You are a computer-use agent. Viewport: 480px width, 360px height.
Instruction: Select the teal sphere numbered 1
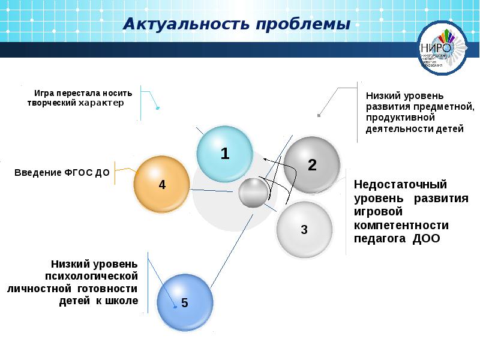(x=225, y=154)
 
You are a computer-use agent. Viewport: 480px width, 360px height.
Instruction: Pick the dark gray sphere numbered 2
(x=311, y=164)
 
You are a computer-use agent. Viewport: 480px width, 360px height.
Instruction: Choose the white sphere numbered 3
(x=304, y=229)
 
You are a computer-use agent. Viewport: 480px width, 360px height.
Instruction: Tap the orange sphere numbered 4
(x=161, y=184)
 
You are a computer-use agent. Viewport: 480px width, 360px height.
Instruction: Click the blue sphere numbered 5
(x=184, y=302)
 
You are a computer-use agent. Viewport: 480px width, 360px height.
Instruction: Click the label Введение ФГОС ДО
(x=62, y=173)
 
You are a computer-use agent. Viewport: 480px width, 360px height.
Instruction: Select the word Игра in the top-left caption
(x=44, y=94)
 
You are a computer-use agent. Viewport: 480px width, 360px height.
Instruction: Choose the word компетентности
(x=401, y=225)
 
